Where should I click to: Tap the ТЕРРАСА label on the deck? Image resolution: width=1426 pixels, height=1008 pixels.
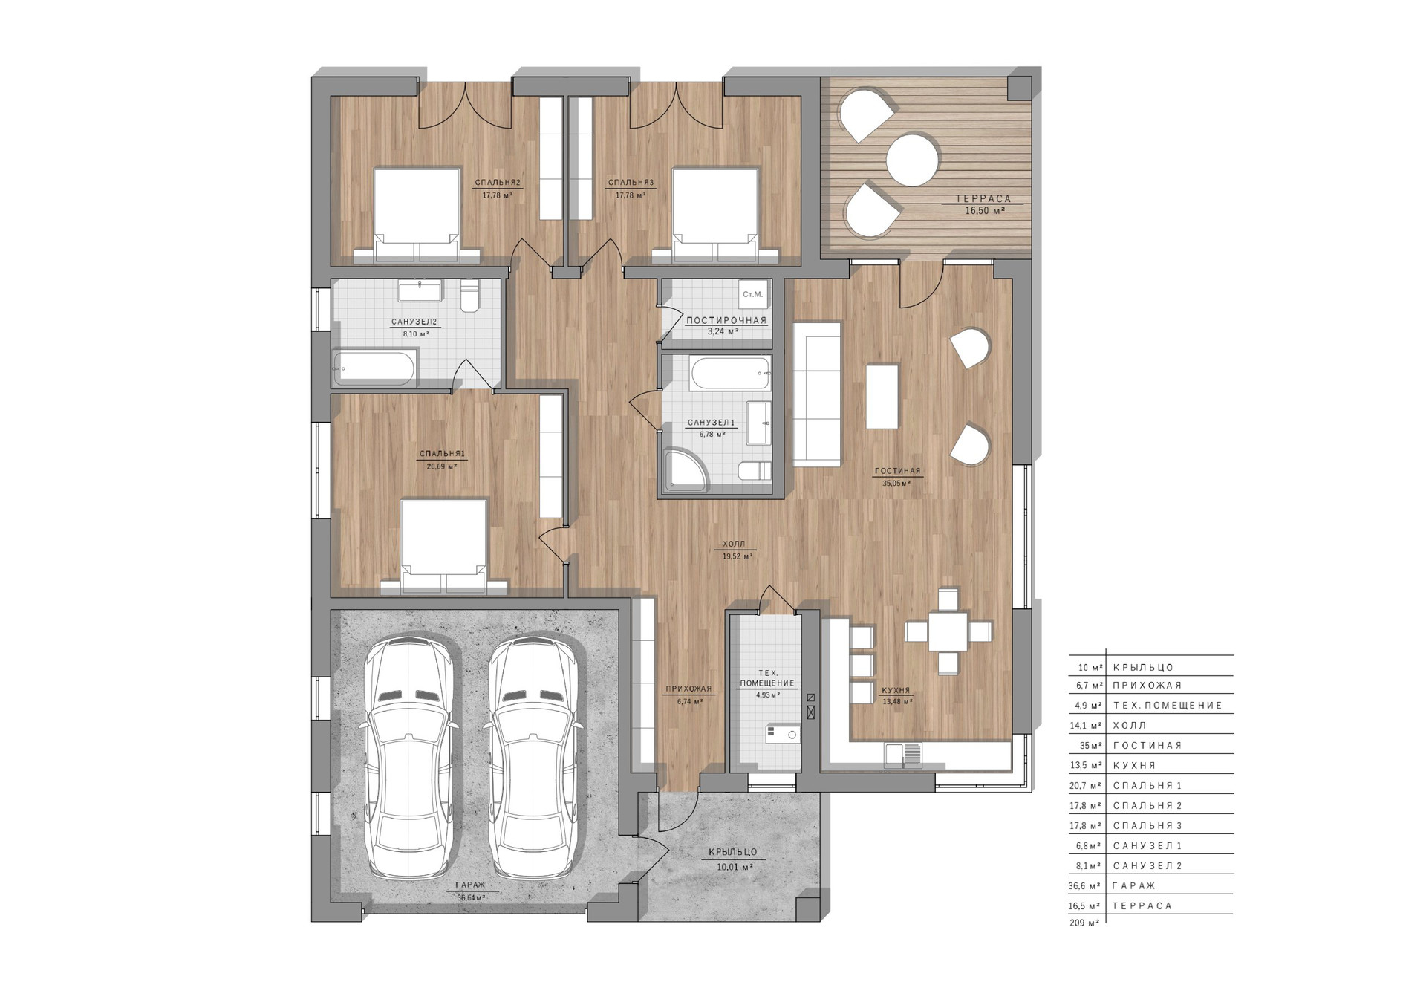point(984,199)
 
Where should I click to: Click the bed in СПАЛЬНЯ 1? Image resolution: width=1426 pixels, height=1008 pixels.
point(443,547)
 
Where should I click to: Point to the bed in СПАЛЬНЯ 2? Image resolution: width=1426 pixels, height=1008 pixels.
point(417,215)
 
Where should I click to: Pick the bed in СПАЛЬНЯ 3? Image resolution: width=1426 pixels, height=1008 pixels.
point(716,215)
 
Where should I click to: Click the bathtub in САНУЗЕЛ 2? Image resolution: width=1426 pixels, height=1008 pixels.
point(375,368)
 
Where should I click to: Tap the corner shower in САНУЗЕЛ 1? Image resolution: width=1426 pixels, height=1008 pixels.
point(686,471)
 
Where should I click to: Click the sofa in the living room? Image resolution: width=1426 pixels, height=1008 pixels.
point(817,394)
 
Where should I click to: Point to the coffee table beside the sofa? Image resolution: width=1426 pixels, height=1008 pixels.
point(882,396)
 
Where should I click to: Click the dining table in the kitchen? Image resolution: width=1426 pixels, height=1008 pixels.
point(948,631)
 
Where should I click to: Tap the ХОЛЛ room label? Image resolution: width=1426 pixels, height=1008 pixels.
point(734,544)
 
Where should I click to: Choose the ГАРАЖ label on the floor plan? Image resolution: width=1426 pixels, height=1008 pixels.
point(471,885)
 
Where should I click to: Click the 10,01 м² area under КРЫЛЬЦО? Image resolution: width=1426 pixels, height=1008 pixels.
point(735,867)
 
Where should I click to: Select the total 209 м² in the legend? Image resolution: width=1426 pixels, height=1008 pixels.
point(1084,923)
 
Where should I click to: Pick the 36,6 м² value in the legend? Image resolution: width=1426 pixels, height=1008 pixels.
point(1085,886)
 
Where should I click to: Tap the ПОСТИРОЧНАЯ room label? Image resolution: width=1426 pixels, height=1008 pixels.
point(726,321)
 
